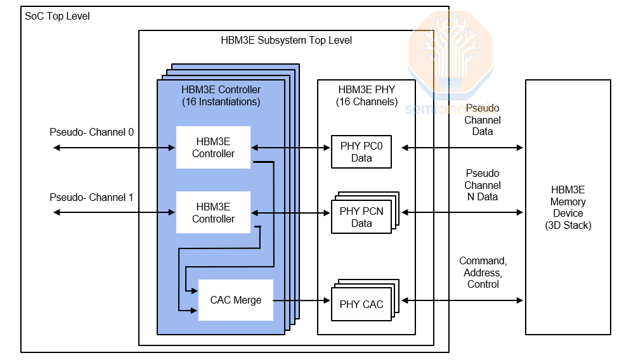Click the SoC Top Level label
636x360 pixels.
[x=57, y=16]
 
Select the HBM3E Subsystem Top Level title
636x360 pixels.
[x=286, y=40]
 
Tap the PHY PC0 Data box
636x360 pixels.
[x=361, y=152]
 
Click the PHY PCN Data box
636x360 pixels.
[x=361, y=217]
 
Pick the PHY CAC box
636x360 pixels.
[x=361, y=304]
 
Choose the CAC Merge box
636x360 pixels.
[x=236, y=300]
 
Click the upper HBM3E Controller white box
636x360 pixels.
[x=213, y=148]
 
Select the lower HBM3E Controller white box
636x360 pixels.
[x=213, y=213]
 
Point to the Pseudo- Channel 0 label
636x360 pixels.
[x=92, y=132]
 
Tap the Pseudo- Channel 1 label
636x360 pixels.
[x=92, y=197]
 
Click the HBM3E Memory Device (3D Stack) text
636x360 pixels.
[x=568, y=207]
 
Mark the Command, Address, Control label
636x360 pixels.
[x=483, y=273]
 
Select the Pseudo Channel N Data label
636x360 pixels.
[x=483, y=185]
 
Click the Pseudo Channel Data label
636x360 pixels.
[x=483, y=120]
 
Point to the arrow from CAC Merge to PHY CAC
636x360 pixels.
[x=302, y=300]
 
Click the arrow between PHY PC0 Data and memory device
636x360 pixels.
[x=463, y=148]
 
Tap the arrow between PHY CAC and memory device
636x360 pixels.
[x=463, y=300]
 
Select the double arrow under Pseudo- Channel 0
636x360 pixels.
[x=114, y=148]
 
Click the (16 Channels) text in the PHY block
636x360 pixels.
[x=367, y=102]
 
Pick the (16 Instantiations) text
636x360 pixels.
[x=221, y=101]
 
